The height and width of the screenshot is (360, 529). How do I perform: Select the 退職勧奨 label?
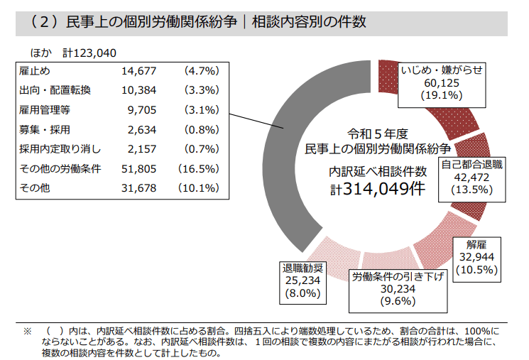coord(302,268)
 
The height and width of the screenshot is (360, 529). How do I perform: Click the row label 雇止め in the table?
coord(35,71)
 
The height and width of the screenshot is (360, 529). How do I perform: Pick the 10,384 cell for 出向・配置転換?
coord(138,90)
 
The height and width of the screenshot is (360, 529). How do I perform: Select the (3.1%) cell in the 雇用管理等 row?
coord(201,110)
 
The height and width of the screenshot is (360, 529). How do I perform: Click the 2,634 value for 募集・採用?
coord(141,129)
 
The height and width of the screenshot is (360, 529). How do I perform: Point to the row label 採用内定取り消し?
coord(60,149)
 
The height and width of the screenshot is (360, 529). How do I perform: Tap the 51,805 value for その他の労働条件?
coord(138,169)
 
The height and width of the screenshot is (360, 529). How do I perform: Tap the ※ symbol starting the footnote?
coord(28,332)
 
